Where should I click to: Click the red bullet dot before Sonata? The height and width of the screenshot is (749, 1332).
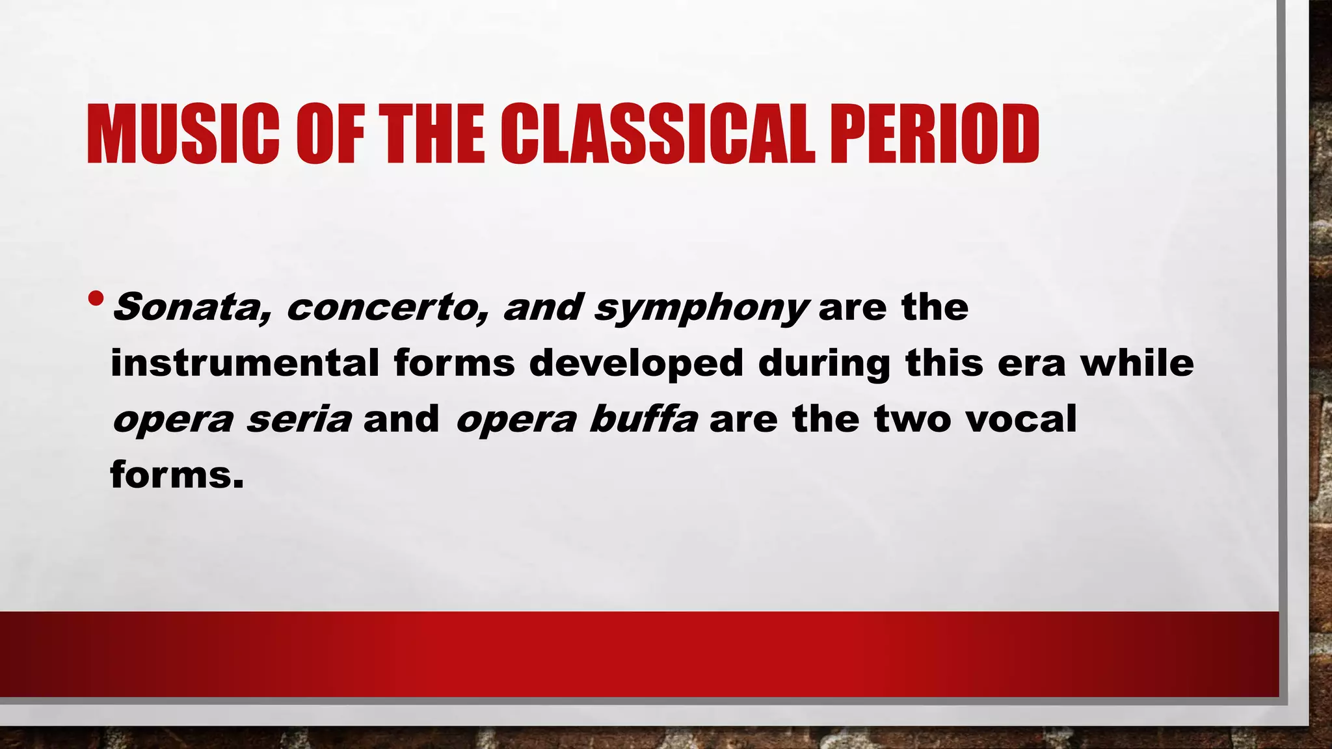pos(96,299)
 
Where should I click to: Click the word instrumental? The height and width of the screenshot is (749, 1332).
pos(245,363)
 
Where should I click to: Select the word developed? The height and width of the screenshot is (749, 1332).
pos(635,363)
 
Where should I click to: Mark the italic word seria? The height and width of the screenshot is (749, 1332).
pos(299,419)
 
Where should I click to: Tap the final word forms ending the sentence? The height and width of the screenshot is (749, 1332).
pos(176,475)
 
